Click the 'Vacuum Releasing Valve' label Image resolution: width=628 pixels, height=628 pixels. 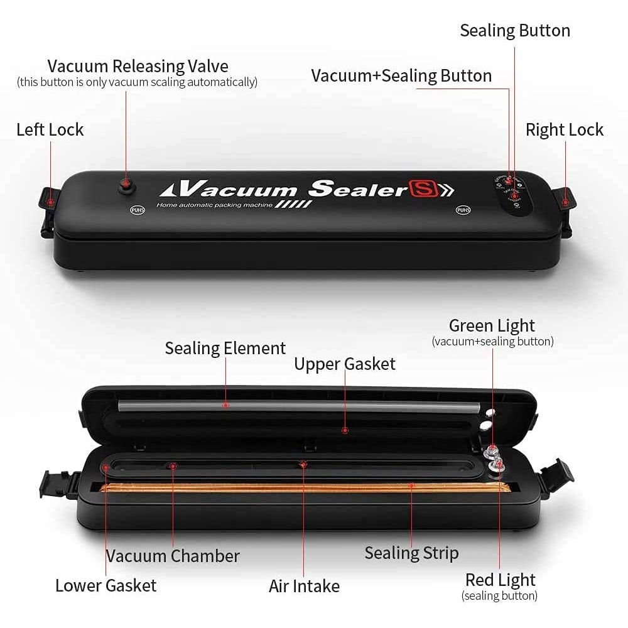point(138,66)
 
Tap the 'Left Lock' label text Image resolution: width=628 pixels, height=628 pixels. point(50,130)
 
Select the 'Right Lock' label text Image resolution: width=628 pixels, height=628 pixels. point(564,130)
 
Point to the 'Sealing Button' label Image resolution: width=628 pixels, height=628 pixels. point(515,31)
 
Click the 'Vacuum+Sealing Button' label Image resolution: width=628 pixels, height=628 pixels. point(401,76)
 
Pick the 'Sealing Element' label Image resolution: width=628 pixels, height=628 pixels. point(225,348)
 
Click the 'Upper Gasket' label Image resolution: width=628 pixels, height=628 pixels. point(345,364)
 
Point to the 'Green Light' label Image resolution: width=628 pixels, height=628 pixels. point(492,325)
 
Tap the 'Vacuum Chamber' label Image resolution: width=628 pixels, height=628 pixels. point(173,556)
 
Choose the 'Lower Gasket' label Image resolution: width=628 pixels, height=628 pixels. point(106,585)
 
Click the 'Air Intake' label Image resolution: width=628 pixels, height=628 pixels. point(304,586)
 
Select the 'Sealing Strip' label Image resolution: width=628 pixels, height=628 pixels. point(411,553)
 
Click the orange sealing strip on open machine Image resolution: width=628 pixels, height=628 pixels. point(301,487)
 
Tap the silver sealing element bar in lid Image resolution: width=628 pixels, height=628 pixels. point(295,406)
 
